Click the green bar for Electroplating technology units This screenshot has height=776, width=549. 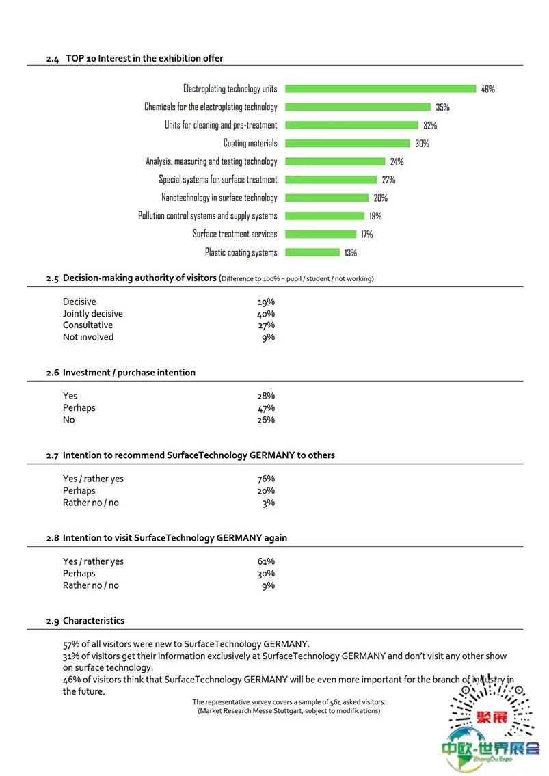pos(380,89)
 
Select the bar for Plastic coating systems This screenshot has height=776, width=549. pos(312,252)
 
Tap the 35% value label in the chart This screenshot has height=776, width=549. pos(442,107)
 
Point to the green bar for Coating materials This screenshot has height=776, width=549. pos(347,144)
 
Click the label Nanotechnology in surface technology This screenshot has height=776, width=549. pos(219,198)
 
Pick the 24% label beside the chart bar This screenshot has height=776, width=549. pos(397,161)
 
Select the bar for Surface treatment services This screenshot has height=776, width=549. pos(321,234)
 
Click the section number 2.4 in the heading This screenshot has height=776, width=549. pos(53,59)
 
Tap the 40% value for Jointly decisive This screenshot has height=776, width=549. pos(266,314)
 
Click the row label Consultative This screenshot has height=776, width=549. pos(88,325)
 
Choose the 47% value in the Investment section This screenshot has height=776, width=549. pos(266,408)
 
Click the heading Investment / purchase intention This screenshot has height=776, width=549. pos(129,373)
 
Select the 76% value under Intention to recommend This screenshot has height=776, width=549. pos(266,479)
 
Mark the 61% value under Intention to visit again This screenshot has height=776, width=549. pos(266,562)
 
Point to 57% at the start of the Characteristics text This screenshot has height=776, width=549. pos(71,644)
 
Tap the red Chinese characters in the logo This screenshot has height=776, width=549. pos(492,717)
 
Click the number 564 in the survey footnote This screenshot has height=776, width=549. pos(336,702)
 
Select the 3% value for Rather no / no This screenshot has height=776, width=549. pos(268,503)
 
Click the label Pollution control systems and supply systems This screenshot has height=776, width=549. pos(208,216)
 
